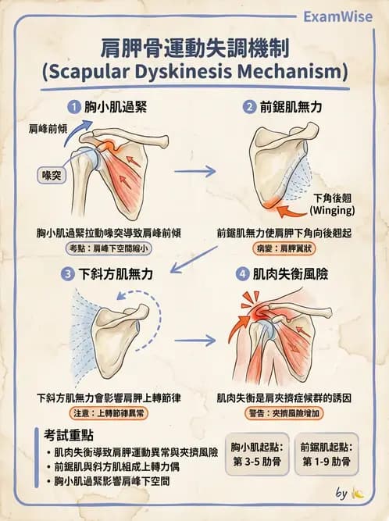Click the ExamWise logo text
[x=338, y=16]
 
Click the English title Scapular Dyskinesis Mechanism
[x=195, y=72]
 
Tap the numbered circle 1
[x=73, y=107]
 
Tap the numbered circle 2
[x=249, y=107]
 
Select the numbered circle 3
[x=68, y=274]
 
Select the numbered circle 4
[x=242, y=274]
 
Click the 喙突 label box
[x=52, y=175]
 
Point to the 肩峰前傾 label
[x=48, y=129]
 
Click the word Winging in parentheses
[x=332, y=210]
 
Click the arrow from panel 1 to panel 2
[x=195, y=171]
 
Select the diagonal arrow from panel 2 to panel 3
[x=194, y=260]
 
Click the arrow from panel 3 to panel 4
[x=195, y=341]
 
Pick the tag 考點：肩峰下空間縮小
[x=109, y=248]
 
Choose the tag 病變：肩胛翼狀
[x=284, y=248]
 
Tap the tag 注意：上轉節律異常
[x=109, y=413]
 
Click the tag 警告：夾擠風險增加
[x=284, y=413]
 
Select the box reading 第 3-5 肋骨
[x=257, y=454]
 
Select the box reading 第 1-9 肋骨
[x=327, y=454]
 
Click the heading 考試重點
[x=69, y=435]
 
